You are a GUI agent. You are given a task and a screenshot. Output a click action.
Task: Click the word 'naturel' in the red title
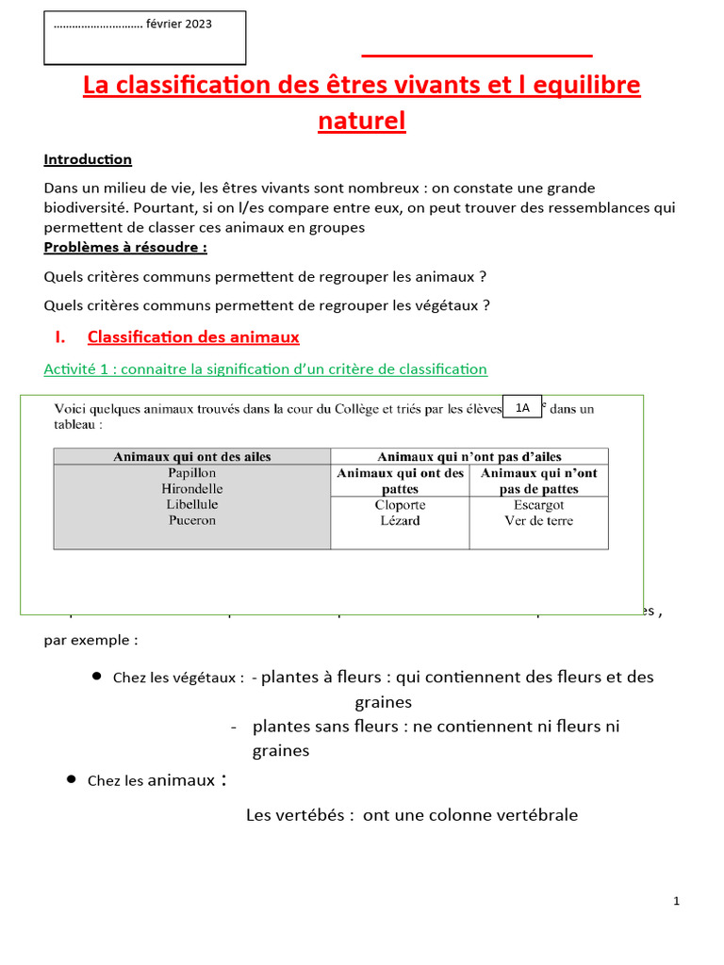click(362, 121)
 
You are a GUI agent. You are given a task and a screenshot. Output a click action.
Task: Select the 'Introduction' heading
click(88, 159)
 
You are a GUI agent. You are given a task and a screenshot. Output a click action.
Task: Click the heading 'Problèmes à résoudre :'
click(125, 247)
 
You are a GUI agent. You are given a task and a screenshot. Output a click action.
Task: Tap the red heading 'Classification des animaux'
click(193, 336)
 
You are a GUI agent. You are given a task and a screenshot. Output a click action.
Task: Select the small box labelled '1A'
click(522, 407)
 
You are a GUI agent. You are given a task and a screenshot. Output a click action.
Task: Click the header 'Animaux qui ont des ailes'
click(192, 456)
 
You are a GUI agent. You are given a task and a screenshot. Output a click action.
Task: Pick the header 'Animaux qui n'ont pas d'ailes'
click(469, 456)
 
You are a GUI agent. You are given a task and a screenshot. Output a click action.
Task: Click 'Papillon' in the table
click(192, 472)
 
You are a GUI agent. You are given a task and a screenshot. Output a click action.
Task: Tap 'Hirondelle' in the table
click(192, 488)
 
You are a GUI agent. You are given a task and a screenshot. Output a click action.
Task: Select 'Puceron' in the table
click(192, 520)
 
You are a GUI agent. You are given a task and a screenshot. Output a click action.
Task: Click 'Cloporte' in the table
click(401, 505)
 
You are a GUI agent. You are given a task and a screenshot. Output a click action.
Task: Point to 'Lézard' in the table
click(401, 520)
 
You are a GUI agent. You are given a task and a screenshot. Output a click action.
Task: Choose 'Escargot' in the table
click(538, 505)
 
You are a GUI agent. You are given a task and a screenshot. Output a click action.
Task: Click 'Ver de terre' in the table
click(538, 520)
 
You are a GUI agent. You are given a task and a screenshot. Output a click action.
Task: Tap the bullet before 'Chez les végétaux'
click(97, 677)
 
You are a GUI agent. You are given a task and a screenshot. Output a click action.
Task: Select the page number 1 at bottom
click(677, 902)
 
